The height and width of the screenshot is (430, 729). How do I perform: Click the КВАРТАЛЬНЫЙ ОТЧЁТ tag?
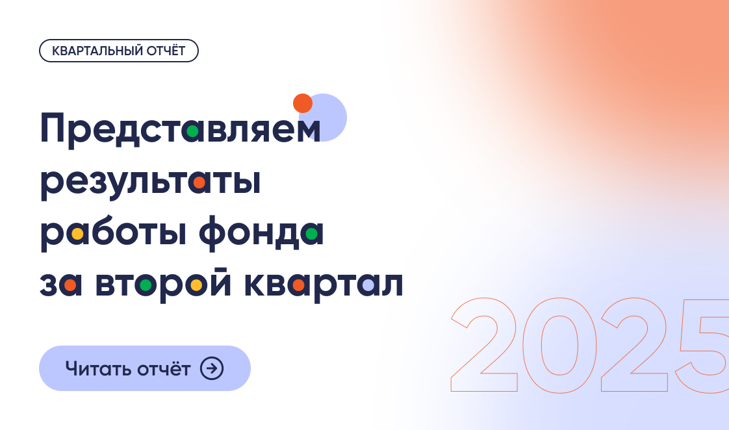tap(118, 51)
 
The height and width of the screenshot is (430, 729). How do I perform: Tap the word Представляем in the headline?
tap(180, 129)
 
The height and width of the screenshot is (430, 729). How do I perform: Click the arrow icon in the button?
tap(212, 368)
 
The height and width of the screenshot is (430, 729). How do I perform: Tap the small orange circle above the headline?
tap(303, 103)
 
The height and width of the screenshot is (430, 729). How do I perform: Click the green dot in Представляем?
tap(192, 131)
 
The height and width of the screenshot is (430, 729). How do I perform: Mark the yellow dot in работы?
tap(77, 234)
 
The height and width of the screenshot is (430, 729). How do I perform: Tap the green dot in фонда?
tap(312, 233)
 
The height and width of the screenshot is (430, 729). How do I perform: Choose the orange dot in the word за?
tap(70, 285)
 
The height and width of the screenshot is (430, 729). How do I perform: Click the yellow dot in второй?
tap(196, 285)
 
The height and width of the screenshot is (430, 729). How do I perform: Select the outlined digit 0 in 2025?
tap(559, 345)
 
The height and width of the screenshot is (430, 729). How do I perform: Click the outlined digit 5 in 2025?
tap(705, 345)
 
